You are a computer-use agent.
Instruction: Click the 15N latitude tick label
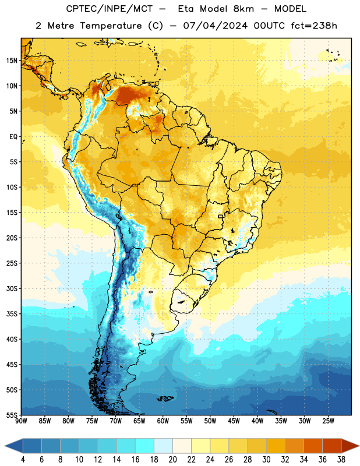point(12,61)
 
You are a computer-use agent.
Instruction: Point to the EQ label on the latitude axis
point(13,137)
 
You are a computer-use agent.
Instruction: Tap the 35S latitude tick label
point(12,314)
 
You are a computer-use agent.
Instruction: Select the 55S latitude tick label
point(12,415)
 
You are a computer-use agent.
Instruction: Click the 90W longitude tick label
point(21,421)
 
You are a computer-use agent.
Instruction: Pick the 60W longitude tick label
point(163,421)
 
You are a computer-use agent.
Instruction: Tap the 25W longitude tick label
point(329,421)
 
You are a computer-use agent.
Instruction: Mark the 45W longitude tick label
point(234,421)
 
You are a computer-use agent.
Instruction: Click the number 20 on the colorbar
point(172,460)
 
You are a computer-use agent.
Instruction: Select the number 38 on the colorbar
point(341,460)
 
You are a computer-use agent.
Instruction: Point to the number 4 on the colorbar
point(23,460)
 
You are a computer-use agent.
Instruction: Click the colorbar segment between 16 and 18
point(144,446)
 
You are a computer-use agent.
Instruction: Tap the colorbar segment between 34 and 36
point(313,446)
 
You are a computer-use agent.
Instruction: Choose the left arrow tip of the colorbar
point(5,446)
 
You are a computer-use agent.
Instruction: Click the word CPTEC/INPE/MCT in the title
point(110,9)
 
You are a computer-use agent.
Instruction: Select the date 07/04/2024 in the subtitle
point(215,26)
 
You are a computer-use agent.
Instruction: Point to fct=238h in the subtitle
point(314,26)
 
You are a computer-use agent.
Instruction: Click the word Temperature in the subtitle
point(111,26)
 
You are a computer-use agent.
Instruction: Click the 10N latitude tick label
point(12,86)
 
